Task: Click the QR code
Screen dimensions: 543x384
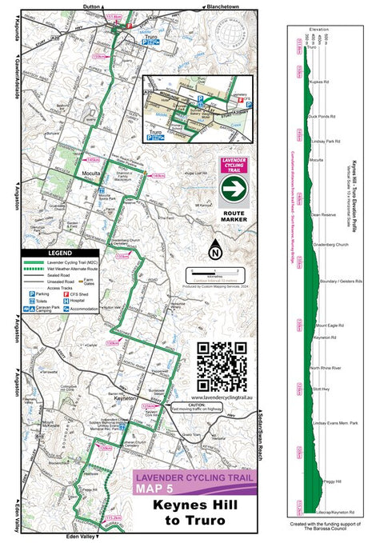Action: point(222,366)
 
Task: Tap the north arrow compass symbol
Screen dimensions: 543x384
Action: point(214,251)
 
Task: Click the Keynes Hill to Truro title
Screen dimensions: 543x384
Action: point(197,513)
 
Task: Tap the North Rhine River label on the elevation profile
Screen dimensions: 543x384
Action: point(326,367)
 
